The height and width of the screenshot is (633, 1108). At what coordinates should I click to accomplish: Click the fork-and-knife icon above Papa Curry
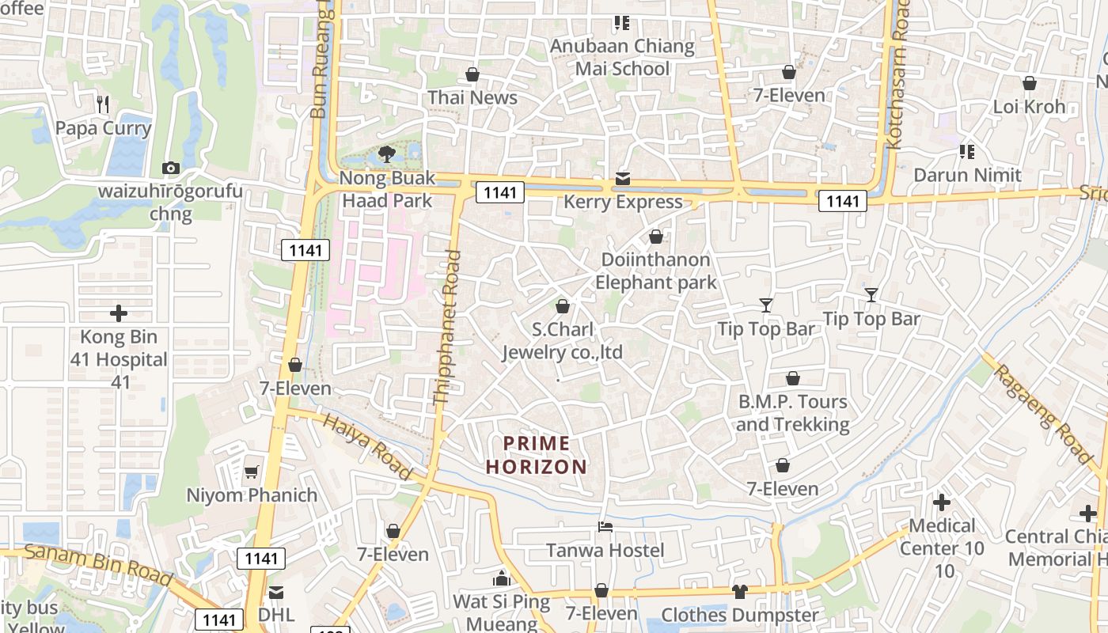click(x=102, y=104)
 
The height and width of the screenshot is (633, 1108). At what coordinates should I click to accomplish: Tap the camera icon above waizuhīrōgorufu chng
click(x=170, y=168)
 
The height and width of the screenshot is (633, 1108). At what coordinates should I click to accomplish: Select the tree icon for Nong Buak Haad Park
click(x=387, y=154)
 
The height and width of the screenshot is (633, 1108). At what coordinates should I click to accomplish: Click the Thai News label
click(x=472, y=97)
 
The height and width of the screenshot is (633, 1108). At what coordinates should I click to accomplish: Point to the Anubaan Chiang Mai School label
click(x=622, y=57)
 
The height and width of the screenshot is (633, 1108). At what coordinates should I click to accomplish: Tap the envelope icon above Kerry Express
click(x=623, y=179)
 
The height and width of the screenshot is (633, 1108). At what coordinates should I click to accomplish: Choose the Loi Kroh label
click(x=1029, y=106)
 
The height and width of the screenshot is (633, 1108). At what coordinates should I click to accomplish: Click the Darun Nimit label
click(x=967, y=174)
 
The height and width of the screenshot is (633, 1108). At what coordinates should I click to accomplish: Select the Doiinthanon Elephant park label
click(x=655, y=271)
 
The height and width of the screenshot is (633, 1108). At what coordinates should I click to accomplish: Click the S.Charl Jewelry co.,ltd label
click(x=563, y=341)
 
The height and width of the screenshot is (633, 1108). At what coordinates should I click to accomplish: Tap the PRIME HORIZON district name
click(x=537, y=455)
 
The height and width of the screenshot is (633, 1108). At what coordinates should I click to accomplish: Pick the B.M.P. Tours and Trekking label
click(x=792, y=413)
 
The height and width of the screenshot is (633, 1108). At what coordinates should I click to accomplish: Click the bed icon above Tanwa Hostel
click(x=605, y=526)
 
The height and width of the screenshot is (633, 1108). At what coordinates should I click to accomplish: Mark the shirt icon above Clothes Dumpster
click(x=740, y=591)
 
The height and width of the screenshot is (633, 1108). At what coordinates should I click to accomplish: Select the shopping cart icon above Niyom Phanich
click(x=252, y=472)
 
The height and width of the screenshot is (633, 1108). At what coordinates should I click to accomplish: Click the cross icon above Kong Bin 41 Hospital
click(x=119, y=313)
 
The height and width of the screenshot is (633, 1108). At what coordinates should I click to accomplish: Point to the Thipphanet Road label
click(x=448, y=328)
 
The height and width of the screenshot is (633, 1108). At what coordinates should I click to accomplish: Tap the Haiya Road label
click(x=368, y=447)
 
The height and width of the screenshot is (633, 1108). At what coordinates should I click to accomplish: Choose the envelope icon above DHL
click(x=276, y=592)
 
